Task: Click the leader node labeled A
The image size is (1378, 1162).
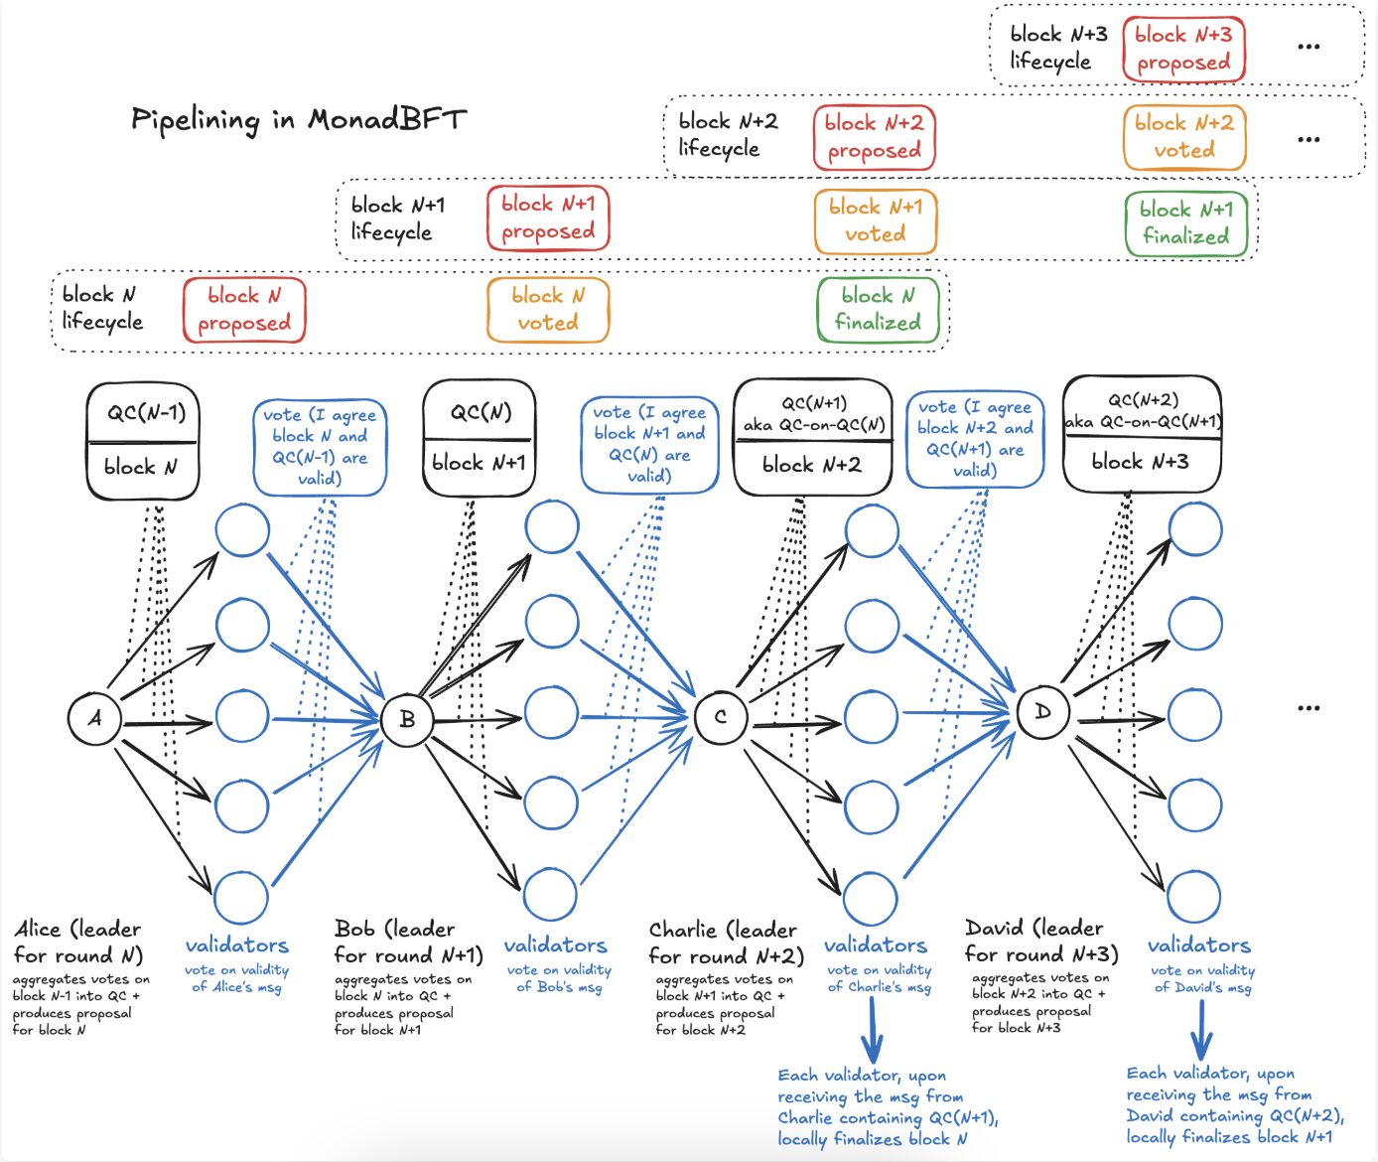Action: [94, 718]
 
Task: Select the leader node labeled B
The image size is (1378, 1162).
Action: [407, 718]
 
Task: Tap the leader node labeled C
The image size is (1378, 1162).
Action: [721, 716]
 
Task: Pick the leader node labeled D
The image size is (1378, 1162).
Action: [1042, 712]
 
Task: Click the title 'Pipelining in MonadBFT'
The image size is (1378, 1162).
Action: [298, 120]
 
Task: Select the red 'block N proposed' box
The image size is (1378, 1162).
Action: [244, 310]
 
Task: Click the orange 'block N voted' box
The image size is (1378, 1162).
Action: [548, 310]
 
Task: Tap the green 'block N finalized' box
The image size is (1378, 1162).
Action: [878, 310]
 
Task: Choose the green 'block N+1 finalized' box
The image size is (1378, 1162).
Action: [1185, 223]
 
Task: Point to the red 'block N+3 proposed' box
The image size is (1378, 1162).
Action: [1183, 49]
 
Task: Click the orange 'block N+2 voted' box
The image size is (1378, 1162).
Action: [1184, 137]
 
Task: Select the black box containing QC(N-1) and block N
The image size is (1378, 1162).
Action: [142, 441]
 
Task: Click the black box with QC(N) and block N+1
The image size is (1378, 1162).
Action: [479, 438]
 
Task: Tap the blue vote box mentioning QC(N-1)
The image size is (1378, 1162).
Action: [320, 447]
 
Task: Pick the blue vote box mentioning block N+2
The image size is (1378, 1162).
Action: [975, 439]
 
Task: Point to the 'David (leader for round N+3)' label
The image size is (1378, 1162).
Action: [1040, 942]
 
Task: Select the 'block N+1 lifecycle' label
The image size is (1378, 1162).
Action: [398, 218]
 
